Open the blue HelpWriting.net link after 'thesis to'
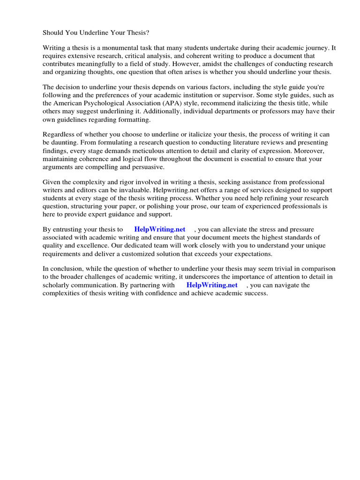point(160,229)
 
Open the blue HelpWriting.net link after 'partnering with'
point(212,285)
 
